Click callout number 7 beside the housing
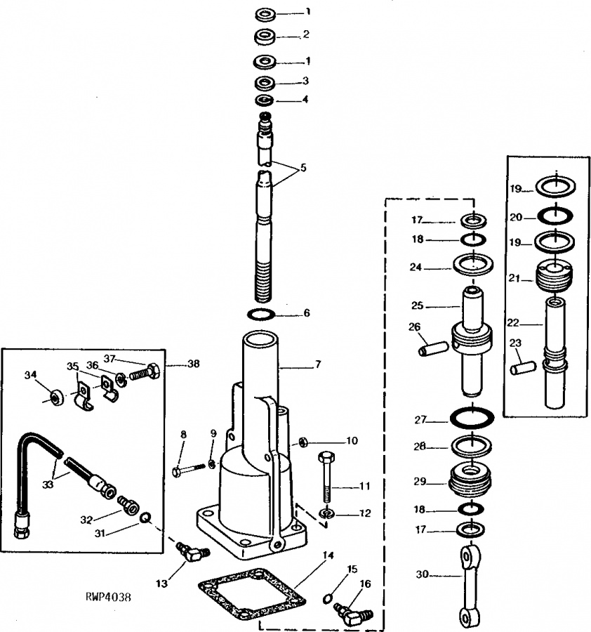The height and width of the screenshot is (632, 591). click(317, 365)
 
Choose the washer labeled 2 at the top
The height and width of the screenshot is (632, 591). click(266, 35)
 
